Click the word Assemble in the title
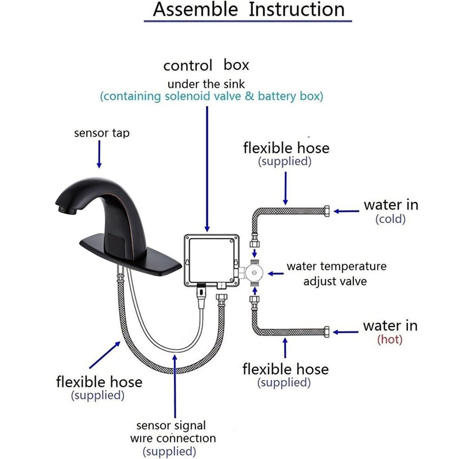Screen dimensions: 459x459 click(x=195, y=10)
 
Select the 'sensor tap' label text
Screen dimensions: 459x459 click(x=102, y=133)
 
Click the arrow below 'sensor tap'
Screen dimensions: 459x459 click(x=100, y=154)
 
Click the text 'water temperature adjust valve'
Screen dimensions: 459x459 click(x=336, y=274)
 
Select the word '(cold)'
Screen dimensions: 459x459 click(x=390, y=219)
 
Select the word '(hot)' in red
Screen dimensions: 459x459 click(x=390, y=340)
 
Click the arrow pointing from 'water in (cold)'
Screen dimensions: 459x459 click(x=347, y=211)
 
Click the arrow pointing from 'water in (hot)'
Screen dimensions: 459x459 click(x=347, y=332)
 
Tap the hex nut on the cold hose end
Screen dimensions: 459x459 click(x=326, y=211)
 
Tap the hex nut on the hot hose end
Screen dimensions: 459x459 click(x=326, y=332)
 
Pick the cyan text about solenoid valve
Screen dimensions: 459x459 click(x=211, y=96)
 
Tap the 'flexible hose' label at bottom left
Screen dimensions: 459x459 click(x=99, y=381)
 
